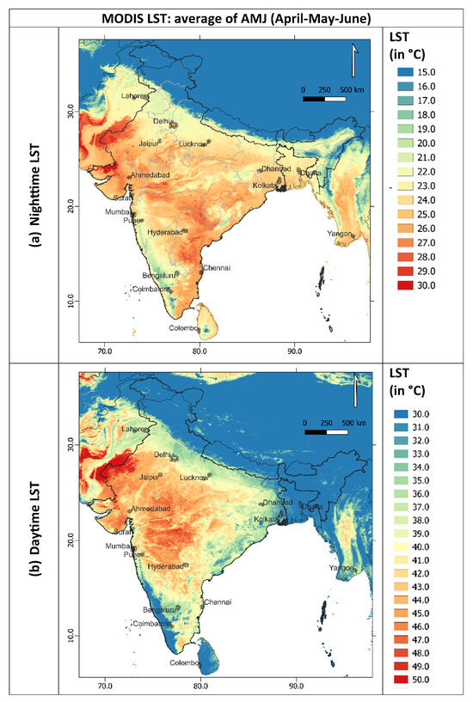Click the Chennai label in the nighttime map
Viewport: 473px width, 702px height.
coord(216,268)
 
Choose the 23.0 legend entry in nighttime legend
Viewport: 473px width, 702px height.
coord(419,186)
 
